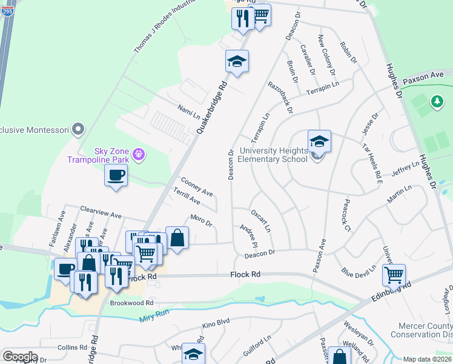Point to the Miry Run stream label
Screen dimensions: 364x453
153,315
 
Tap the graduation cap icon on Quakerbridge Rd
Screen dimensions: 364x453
237,61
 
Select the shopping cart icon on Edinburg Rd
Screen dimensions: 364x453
394,275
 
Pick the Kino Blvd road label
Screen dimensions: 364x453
216,325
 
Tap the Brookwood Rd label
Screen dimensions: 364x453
131,302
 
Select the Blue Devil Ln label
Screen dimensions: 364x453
359,268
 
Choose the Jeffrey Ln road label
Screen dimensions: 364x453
405,168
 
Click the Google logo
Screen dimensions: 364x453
20,357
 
